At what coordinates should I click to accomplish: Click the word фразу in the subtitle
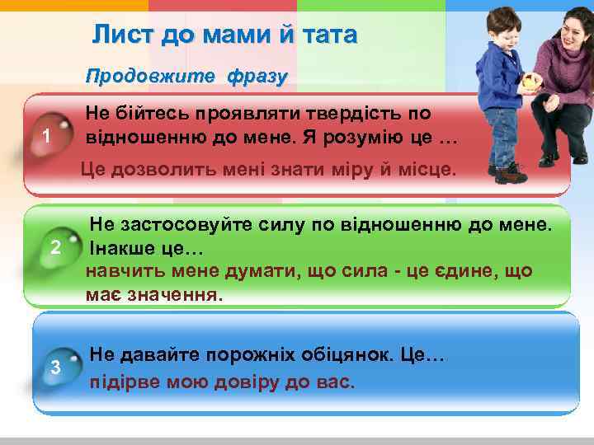[x=256, y=77]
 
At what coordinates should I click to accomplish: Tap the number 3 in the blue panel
[x=56, y=367]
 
